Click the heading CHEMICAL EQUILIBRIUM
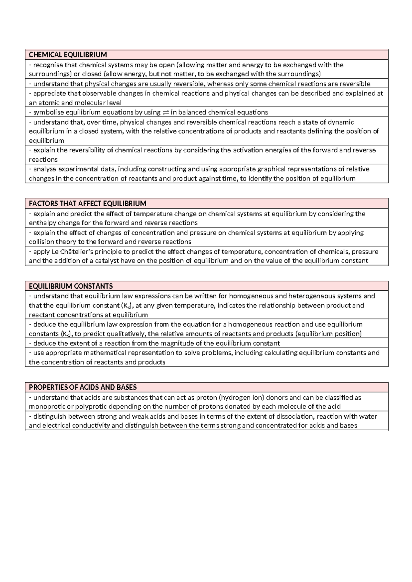coord(68,55)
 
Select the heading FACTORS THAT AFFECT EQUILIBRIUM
coord(88,203)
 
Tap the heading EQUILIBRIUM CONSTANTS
coord(71,286)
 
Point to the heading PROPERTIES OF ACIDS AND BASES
coord(83,387)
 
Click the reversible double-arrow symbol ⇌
coord(165,113)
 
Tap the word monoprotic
coord(45,407)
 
